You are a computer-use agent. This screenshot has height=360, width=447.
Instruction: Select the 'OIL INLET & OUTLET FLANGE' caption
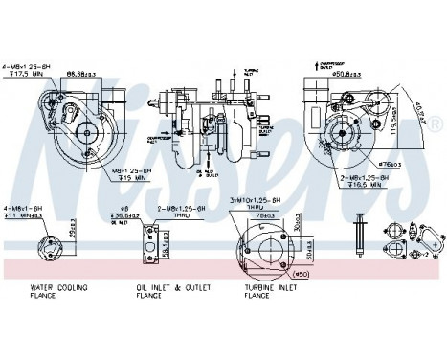pos(160,292)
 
